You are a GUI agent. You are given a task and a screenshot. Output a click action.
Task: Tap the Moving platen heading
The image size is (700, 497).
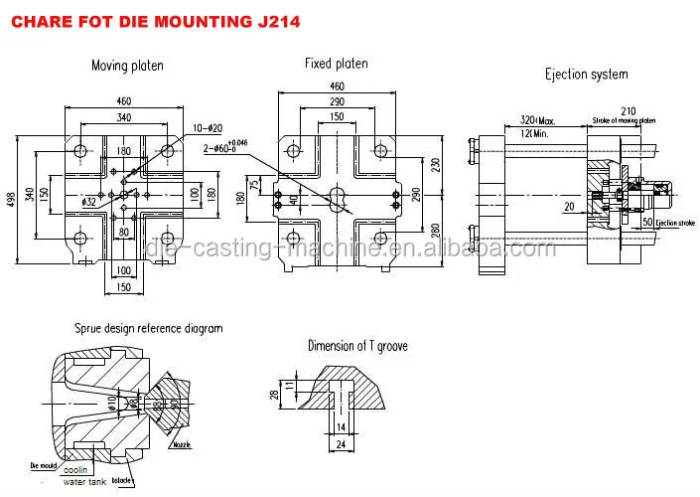tap(127, 66)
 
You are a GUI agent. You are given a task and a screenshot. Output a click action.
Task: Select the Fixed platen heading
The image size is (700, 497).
tap(336, 64)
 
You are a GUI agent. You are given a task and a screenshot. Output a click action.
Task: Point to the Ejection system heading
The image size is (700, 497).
tap(587, 75)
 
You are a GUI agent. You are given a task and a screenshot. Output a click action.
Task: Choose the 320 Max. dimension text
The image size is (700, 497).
tap(537, 121)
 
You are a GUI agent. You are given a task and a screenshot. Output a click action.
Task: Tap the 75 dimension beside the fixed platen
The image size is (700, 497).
tap(253, 184)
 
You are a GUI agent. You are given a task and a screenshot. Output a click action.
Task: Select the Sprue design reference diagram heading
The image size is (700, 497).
tap(148, 328)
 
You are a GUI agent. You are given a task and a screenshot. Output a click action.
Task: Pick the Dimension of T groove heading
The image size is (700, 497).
tap(358, 347)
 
